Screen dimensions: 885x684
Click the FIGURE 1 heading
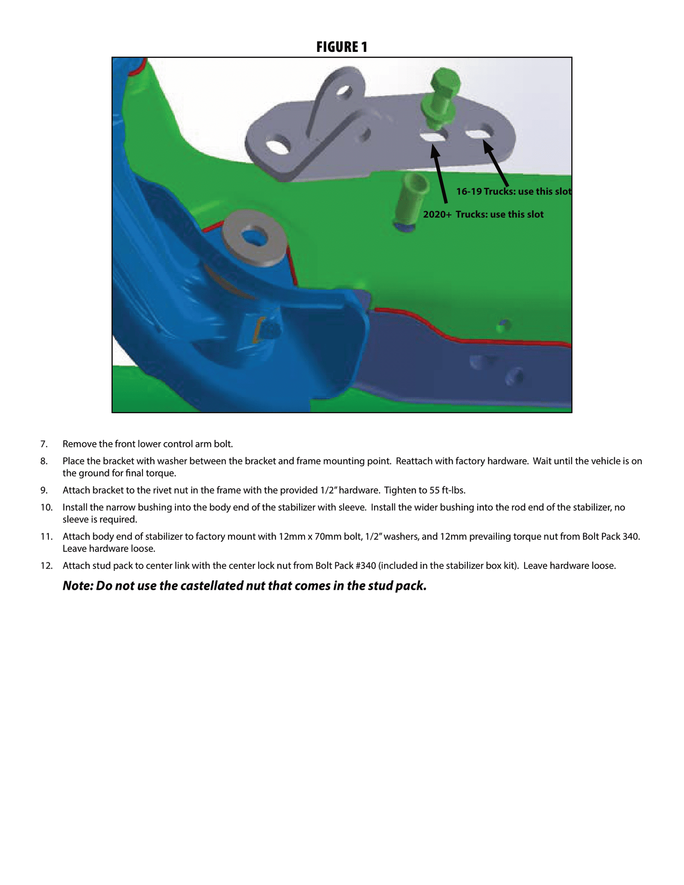click(341, 47)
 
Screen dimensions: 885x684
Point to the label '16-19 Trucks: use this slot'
click(514, 191)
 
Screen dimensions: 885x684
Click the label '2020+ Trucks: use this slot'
click(483, 214)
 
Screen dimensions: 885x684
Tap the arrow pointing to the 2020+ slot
click(440, 173)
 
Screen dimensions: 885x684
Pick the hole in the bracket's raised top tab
click(344, 91)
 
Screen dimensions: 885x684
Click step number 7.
click(44, 444)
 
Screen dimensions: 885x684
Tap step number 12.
click(46, 566)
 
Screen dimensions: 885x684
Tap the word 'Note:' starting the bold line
click(78, 586)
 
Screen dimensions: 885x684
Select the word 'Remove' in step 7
click(78, 444)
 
